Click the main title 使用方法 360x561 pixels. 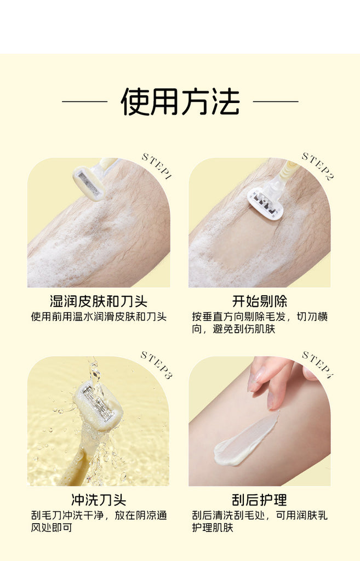(x=180, y=101)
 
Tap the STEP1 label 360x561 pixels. (x=156, y=166)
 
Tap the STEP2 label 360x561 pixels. (x=317, y=166)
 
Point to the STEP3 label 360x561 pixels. (x=156, y=365)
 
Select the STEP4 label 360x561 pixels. (x=317, y=365)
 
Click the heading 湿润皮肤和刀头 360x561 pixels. (x=99, y=301)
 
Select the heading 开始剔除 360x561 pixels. (x=259, y=301)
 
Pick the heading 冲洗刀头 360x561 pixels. (x=99, y=500)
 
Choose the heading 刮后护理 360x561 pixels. (x=259, y=500)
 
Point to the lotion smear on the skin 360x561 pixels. (x=245, y=441)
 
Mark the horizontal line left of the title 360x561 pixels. (x=85, y=101)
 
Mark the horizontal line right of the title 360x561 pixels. (x=276, y=101)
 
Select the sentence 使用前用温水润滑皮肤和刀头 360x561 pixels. (x=99, y=317)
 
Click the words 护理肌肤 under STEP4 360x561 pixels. (x=213, y=528)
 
